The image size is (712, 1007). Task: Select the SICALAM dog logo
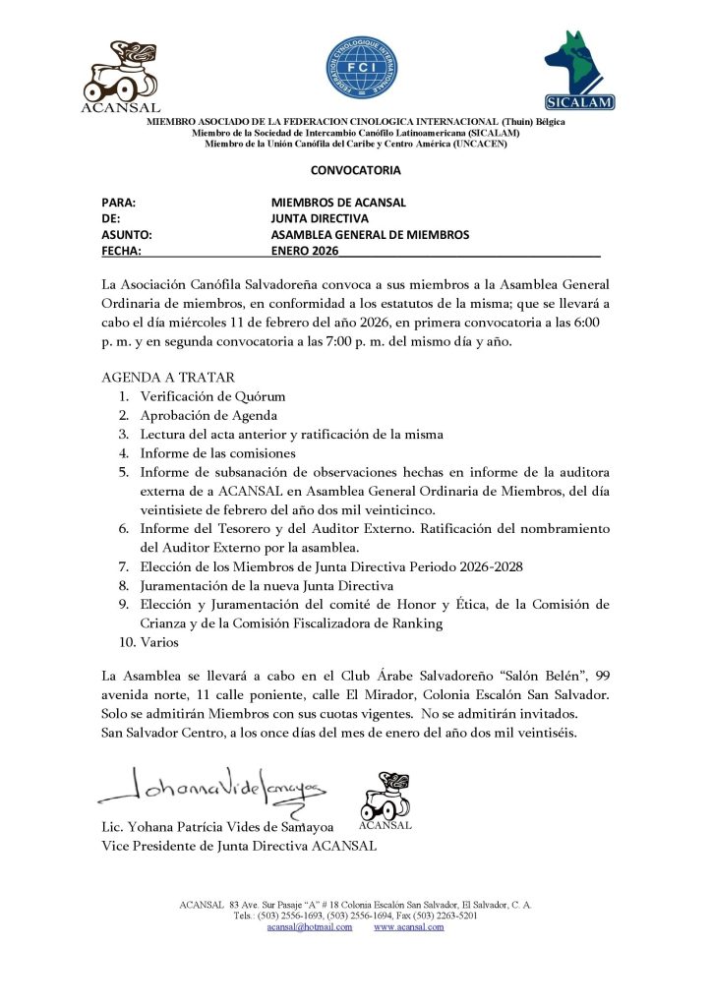(579, 69)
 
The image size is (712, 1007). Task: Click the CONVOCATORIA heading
(355, 170)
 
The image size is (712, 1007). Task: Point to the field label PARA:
(118, 203)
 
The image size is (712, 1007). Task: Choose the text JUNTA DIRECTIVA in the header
(320, 218)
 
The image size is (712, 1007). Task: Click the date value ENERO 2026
(304, 251)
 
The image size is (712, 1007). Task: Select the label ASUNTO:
(127, 235)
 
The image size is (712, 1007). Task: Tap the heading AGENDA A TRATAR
(167, 378)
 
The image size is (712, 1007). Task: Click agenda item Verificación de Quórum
(212, 396)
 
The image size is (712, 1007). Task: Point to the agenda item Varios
(159, 642)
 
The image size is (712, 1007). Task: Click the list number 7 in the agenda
(124, 566)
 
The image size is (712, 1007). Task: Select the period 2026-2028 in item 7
(489, 566)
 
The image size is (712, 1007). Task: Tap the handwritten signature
(216, 786)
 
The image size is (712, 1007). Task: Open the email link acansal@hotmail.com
(310, 926)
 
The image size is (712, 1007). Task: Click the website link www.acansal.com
(409, 926)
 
